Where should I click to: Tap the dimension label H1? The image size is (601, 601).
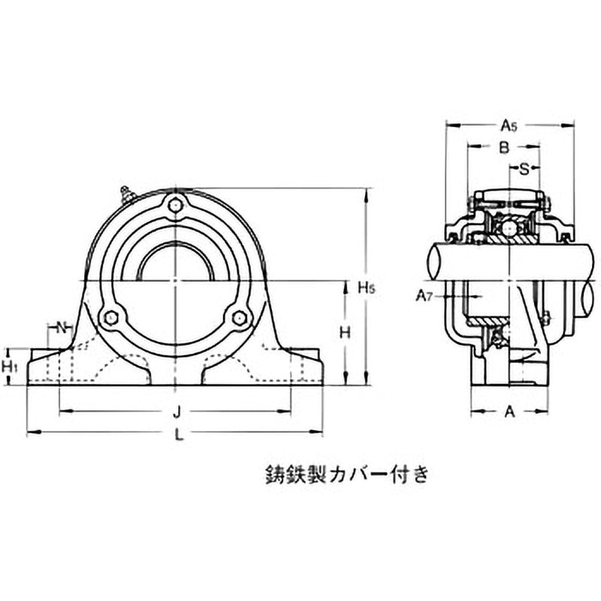[10, 367]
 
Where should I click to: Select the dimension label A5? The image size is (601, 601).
[509, 125]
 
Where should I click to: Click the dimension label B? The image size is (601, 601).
[505, 148]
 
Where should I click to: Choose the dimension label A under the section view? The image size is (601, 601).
[509, 411]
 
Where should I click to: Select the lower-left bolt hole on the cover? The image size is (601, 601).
[111, 317]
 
